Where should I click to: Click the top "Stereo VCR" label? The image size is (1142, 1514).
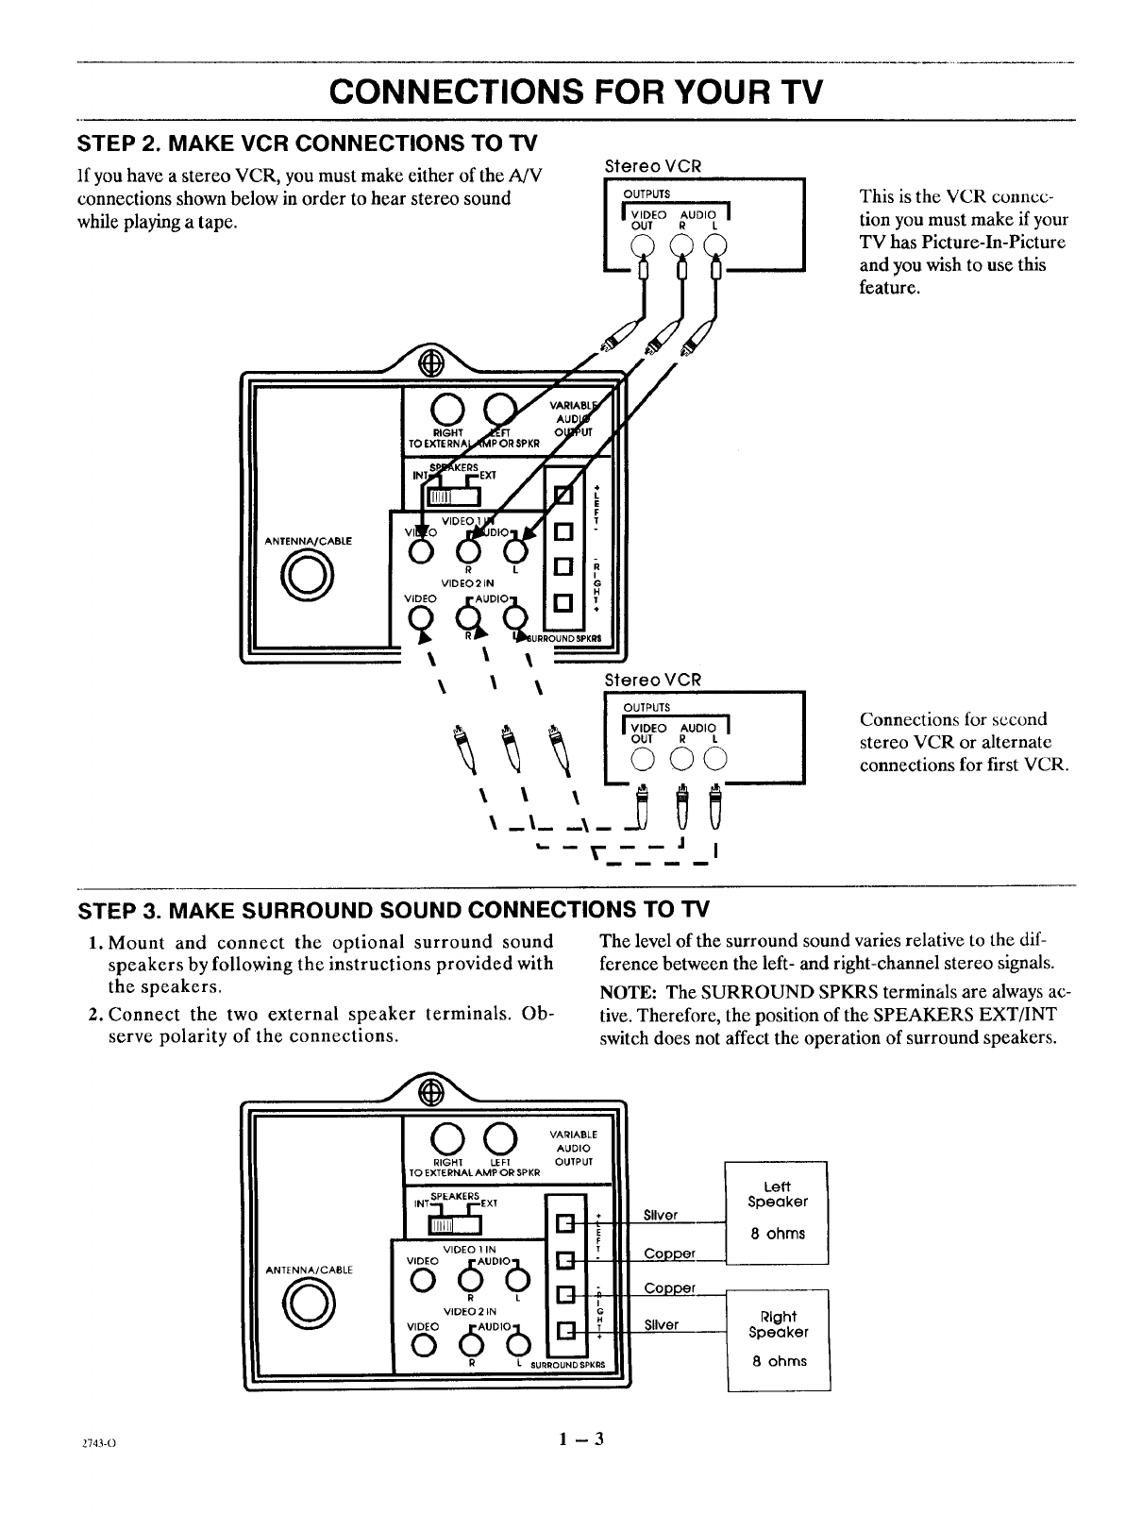pyautogui.click(x=652, y=166)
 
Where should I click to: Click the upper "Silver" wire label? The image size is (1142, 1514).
pyautogui.click(x=661, y=1215)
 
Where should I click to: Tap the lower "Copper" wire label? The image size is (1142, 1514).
pyautogui.click(x=669, y=1288)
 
